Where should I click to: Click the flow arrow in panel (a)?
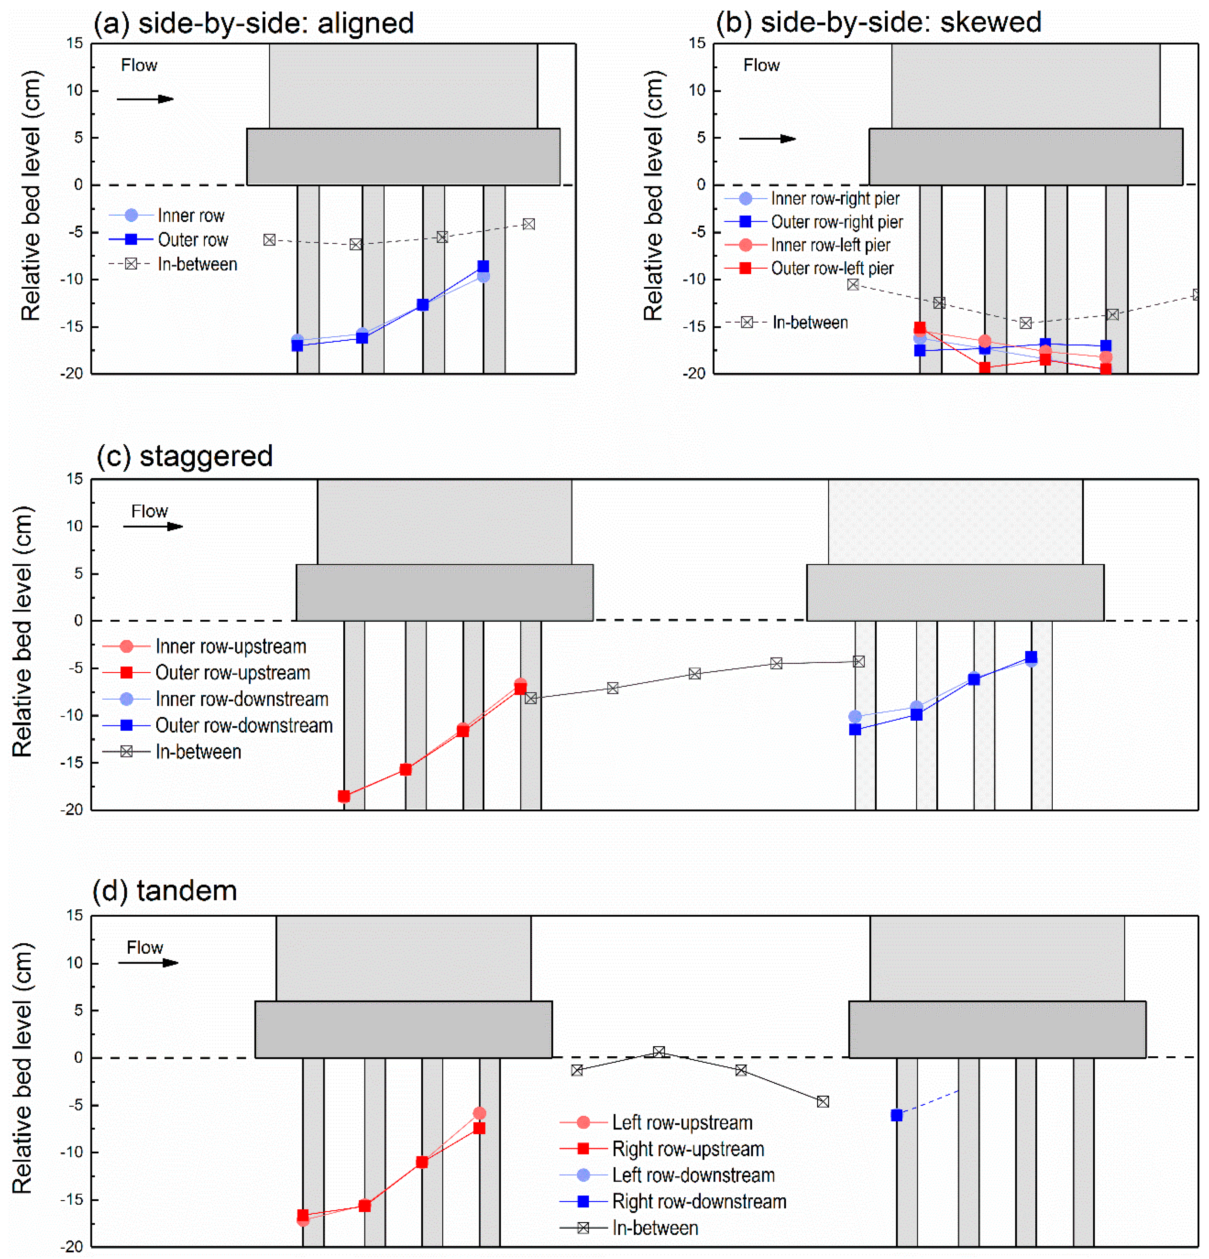(x=145, y=99)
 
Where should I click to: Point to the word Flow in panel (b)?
(x=761, y=65)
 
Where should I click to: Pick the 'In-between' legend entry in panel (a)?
(x=197, y=264)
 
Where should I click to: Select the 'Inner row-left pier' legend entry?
(x=830, y=245)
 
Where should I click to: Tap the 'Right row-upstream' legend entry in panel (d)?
(x=687, y=1149)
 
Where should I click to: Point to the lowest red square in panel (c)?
(x=344, y=796)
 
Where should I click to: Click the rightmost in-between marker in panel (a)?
(x=528, y=224)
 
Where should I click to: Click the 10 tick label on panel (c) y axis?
(x=75, y=526)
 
